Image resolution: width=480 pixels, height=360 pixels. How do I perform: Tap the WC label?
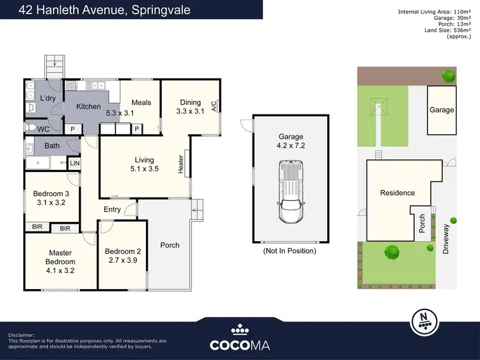(43, 129)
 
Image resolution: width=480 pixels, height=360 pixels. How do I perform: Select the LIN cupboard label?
(74, 164)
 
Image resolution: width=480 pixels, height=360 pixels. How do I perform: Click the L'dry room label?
(48, 98)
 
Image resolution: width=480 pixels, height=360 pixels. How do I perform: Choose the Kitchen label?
(88, 106)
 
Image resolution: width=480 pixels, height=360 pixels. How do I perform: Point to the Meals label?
(141, 102)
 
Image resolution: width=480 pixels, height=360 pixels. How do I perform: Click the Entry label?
(112, 210)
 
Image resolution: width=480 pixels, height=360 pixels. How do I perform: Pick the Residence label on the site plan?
(397, 192)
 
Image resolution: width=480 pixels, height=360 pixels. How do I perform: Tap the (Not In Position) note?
(290, 251)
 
